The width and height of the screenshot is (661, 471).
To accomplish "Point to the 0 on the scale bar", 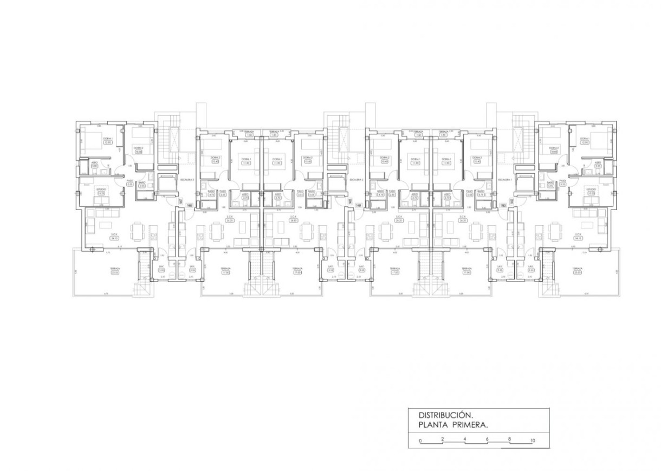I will pos(420,441).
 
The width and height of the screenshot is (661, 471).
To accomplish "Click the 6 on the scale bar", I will pos(487,439).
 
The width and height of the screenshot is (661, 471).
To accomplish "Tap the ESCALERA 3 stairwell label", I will pos(187,179).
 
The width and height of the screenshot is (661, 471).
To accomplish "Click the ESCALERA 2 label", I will pos(356,179).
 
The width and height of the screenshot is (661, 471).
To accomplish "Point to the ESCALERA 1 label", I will pos(505,179).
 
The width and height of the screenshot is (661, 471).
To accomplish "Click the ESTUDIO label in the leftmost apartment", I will pos(101,189).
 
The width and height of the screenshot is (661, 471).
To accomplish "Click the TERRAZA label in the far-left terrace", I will pos(114,269).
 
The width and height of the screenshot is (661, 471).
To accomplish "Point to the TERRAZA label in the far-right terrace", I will pos(578,269).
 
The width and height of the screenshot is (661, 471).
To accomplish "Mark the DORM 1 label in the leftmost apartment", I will pos(106,139).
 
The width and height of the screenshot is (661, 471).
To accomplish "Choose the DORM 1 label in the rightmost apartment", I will pos(585,139).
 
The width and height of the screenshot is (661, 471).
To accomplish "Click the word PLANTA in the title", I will pos(435,426).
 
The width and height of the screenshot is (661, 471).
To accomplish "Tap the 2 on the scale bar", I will pos(443,439).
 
